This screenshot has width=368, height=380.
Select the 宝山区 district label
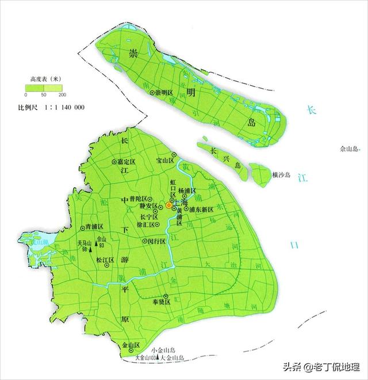(x=165, y=161)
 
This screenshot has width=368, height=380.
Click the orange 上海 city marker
(x=168, y=205)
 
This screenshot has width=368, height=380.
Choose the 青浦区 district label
(x=94, y=226)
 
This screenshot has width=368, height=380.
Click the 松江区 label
(x=105, y=260)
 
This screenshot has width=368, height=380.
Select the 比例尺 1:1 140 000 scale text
(x=52, y=108)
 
